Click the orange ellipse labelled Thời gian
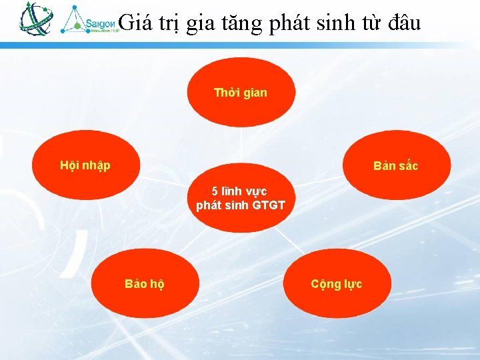(x=241, y=93)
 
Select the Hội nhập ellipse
(x=86, y=165)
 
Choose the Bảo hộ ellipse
(x=145, y=284)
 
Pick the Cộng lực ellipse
(x=337, y=284)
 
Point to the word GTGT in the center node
(x=268, y=205)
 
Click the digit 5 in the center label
(x=215, y=191)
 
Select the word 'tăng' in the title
(x=243, y=23)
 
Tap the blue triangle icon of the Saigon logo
(x=73, y=19)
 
